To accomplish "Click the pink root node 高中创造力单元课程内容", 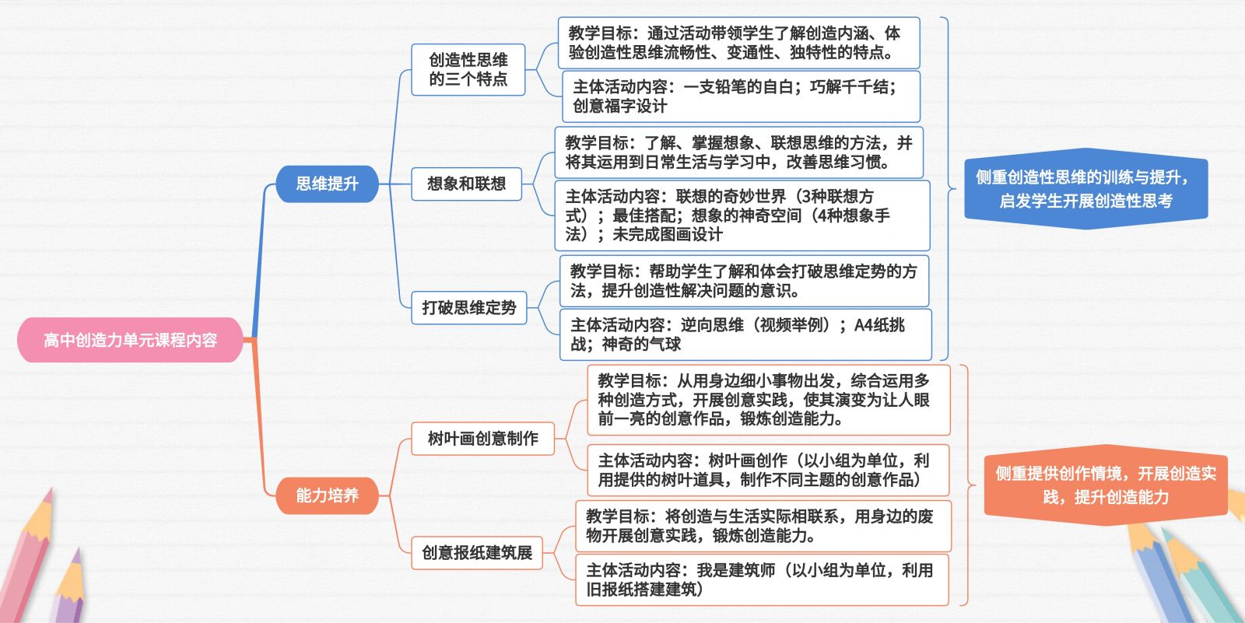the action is [x=130, y=340].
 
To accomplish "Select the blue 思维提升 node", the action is [x=327, y=184].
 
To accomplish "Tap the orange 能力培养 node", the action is [x=327, y=495].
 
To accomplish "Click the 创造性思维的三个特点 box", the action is [x=468, y=69].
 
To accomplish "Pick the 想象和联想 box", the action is [x=466, y=184].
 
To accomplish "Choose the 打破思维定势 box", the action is [x=469, y=307].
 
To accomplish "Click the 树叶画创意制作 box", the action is [x=482, y=439].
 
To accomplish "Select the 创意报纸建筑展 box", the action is [x=477, y=552].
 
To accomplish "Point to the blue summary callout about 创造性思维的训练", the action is [x=1086, y=189].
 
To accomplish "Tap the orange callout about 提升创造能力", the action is [x=1106, y=485].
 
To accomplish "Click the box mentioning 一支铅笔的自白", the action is [x=741, y=96].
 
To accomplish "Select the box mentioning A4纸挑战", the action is [x=745, y=334].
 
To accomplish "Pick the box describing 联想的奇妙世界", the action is [x=742, y=215].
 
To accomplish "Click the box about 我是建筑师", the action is [x=762, y=579].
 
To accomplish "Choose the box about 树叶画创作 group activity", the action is [x=768, y=471].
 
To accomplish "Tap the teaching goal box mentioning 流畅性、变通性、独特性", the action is [x=738, y=43].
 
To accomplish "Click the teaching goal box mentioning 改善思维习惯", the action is [x=738, y=152].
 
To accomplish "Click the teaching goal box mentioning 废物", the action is [x=763, y=526].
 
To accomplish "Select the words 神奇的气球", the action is [x=641, y=345].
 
